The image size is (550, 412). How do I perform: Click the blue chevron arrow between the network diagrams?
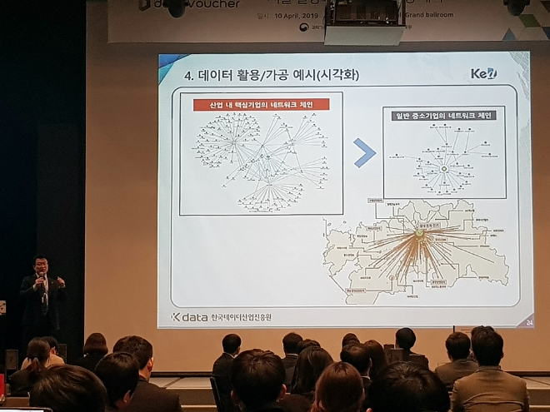tap(364, 153)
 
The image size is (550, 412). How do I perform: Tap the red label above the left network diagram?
tap(261, 105)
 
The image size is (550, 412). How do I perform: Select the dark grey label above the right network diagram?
tap(444, 115)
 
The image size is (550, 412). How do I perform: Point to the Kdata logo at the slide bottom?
tap(188, 317)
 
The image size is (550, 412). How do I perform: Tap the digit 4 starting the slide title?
tap(187, 75)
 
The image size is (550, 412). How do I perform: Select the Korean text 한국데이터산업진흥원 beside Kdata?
tap(241, 317)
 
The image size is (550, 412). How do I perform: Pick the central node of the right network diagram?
tap(444, 169)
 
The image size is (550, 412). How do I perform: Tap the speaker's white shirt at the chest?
tap(41, 290)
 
